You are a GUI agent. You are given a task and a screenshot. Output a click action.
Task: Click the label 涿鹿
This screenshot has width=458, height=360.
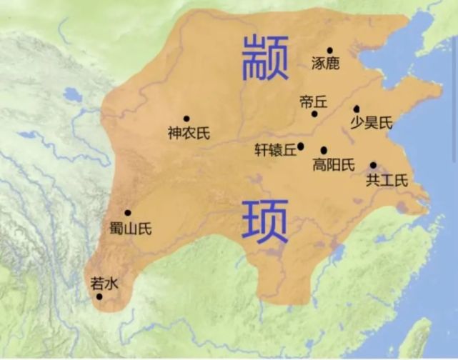point(326,64)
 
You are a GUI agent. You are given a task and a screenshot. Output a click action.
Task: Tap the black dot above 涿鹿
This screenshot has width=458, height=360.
point(329,50)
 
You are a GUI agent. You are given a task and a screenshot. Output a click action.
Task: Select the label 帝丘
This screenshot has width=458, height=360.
point(313,102)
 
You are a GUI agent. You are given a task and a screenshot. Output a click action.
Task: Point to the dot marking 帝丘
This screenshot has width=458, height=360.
point(314,114)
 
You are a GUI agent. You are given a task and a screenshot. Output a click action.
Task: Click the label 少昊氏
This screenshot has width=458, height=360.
point(372,123)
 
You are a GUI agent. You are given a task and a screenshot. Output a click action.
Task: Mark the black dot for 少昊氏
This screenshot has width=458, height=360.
point(357,109)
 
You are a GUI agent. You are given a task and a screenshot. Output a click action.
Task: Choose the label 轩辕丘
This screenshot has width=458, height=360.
point(275,150)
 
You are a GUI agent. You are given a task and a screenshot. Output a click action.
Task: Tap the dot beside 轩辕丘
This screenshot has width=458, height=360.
point(301,146)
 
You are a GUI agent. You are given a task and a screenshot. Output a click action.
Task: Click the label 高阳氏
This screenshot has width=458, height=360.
point(334,165)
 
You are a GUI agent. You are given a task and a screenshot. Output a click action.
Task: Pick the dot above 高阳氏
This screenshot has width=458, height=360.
point(324,151)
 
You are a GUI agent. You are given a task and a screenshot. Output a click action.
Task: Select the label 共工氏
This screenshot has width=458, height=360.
point(387,180)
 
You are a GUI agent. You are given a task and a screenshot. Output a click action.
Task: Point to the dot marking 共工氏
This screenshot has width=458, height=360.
point(373,165)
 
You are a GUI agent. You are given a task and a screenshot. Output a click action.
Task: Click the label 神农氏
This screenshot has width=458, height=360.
point(189,133)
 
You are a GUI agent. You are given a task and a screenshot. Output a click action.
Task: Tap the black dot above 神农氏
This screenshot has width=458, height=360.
point(186,119)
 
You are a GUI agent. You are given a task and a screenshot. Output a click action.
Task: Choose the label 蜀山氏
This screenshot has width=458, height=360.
point(131,229)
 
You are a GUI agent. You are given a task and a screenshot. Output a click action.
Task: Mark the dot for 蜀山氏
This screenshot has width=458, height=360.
point(128,213)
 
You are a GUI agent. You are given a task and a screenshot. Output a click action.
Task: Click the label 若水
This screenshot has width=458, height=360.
point(104,282)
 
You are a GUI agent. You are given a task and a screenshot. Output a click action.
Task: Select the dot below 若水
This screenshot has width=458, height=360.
point(99,296)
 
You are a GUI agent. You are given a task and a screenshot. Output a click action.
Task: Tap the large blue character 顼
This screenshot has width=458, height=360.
point(264,221)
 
